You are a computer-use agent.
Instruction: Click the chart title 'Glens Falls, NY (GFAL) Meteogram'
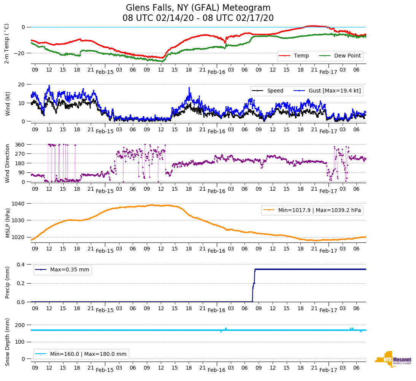point(198,8)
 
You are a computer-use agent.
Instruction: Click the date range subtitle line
point(198,18)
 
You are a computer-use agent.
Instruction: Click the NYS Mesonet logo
point(393,359)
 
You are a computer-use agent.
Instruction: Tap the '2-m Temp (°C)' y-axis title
point(6,43)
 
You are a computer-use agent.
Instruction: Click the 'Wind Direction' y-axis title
point(7,163)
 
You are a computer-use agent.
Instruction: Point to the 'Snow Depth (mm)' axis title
point(7,342)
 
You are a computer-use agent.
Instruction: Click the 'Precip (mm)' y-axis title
point(7,282)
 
